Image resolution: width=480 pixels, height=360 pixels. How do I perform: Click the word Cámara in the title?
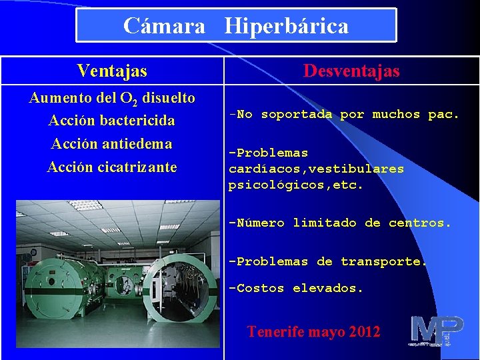[165, 26]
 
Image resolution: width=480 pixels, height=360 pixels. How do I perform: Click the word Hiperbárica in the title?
[287, 26]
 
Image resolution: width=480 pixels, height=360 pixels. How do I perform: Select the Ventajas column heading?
[112, 70]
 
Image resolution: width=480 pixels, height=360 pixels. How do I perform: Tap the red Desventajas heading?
[351, 71]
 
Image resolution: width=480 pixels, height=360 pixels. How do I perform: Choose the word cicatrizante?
[137, 167]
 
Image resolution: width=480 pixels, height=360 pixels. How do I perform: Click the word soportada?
[296, 114]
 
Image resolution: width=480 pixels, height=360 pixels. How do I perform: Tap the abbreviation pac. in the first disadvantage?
[443, 114]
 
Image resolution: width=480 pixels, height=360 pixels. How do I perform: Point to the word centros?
[420, 223]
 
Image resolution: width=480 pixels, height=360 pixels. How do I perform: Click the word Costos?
[260, 288]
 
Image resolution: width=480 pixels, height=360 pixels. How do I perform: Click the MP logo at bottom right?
[437, 331]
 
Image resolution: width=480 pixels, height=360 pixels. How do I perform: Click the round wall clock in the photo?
[33, 252]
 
